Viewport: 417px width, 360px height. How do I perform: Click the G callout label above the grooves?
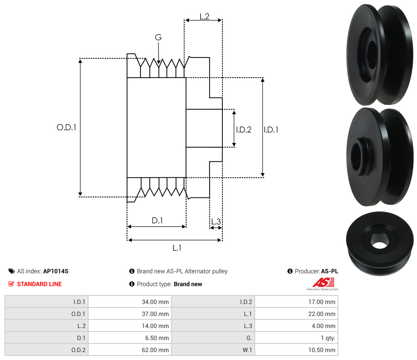click(158, 37)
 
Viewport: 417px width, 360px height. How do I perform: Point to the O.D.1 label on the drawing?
click(66, 127)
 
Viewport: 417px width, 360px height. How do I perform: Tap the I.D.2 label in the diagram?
click(244, 129)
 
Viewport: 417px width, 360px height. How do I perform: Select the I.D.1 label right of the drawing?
click(271, 129)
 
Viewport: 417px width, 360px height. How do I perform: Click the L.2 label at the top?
click(205, 17)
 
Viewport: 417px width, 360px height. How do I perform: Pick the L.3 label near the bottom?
click(216, 221)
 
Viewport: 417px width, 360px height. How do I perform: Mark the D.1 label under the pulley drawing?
click(157, 220)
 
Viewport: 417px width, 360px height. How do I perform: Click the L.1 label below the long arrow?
click(177, 248)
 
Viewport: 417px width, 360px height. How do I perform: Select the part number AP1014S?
click(56, 271)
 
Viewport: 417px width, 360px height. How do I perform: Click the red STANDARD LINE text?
click(39, 284)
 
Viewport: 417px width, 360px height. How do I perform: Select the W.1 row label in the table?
click(247, 350)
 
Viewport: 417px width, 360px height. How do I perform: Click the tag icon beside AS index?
click(12, 271)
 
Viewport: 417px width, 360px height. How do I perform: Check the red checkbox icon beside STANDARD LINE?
click(11, 284)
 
